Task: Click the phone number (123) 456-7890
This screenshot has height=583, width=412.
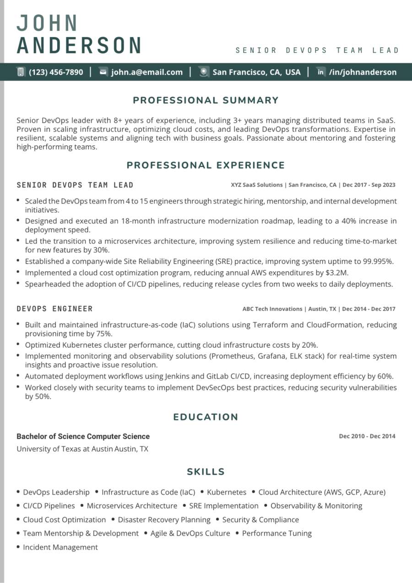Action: (x=56, y=72)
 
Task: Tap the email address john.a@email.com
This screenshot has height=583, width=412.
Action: (x=146, y=72)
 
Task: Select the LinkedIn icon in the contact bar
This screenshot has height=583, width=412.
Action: (x=321, y=72)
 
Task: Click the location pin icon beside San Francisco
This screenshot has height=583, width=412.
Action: (x=204, y=72)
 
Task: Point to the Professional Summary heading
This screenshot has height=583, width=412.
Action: (x=206, y=100)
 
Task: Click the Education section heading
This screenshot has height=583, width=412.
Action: (x=206, y=417)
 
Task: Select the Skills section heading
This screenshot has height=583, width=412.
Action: (x=206, y=472)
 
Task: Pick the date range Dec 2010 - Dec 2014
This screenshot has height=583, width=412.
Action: (x=367, y=436)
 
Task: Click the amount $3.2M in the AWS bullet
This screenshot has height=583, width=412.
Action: (x=339, y=272)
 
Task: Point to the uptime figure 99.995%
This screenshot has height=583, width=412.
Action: (x=377, y=262)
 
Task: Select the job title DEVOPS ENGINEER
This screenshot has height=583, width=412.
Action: (x=55, y=309)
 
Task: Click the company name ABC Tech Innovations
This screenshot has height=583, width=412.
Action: (x=272, y=309)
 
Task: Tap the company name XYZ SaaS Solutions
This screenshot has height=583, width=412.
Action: (x=257, y=185)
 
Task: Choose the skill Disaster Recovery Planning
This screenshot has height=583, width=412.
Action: (x=164, y=520)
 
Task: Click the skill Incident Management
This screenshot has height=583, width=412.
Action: (x=60, y=547)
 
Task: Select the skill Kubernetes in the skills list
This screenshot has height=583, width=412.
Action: (x=227, y=492)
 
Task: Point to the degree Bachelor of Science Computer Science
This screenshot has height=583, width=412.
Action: (x=83, y=436)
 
